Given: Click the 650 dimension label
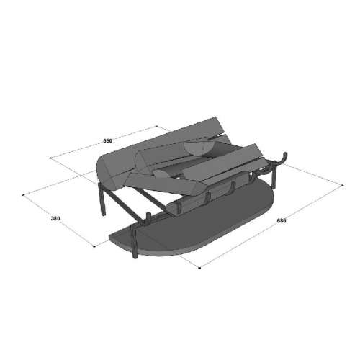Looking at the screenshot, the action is pos(108,141).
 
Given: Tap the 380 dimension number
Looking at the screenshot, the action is pos(55,218).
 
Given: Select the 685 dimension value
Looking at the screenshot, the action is pos(282,220).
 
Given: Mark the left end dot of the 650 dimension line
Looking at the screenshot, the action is pos(50,158).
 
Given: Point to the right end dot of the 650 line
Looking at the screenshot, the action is pos(156,126).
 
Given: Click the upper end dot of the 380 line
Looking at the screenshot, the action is pos(23,194).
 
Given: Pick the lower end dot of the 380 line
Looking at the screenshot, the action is pos(94,246).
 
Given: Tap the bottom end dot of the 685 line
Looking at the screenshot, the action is pos(199,267).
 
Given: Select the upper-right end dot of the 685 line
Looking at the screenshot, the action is pos(343,185).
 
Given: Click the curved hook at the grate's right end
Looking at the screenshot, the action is pos(283,160).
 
